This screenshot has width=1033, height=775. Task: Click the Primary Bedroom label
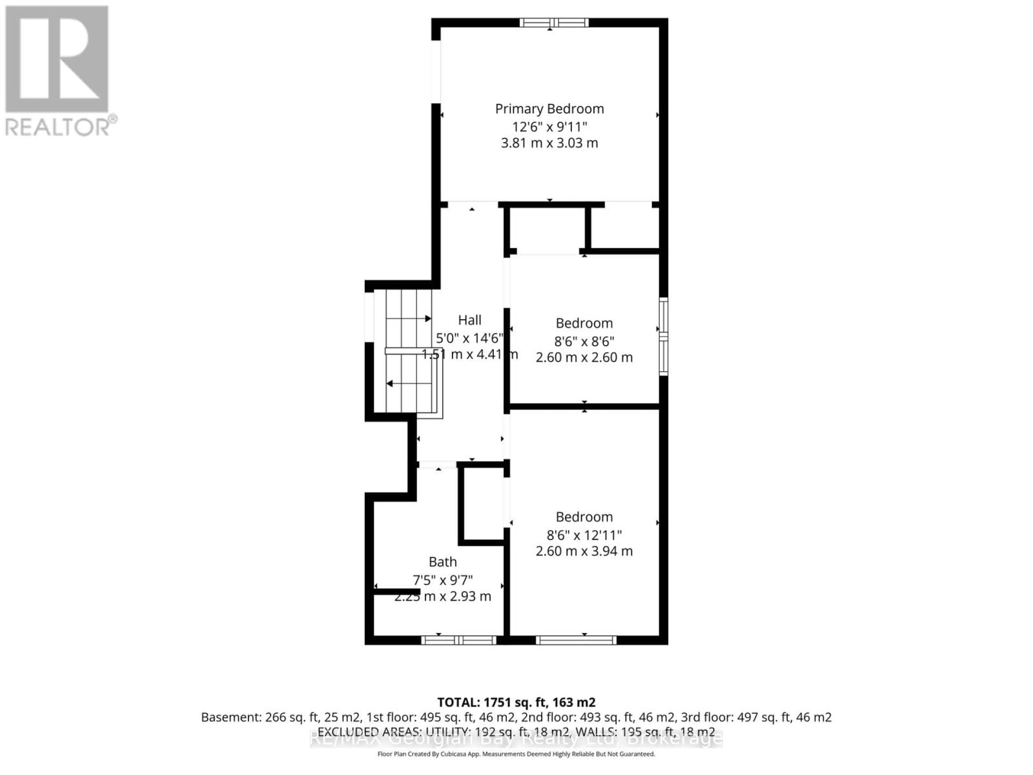[549, 108]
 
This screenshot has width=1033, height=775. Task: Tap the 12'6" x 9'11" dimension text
[549, 126]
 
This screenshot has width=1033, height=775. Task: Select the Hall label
[469, 320]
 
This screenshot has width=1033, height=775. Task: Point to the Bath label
[442, 562]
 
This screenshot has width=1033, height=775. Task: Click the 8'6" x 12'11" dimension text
[584, 535]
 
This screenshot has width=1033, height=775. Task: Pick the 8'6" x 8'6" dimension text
[584, 341]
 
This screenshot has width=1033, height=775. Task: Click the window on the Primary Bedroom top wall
[554, 23]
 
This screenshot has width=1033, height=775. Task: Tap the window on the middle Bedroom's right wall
[663, 336]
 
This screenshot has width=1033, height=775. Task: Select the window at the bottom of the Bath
[458, 640]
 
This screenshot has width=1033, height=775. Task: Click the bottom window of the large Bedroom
[576, 640]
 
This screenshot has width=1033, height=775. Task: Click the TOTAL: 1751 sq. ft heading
[516, 702]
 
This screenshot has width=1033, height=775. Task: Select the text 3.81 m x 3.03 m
[549, 143]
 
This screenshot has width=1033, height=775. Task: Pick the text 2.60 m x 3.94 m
[584, 551]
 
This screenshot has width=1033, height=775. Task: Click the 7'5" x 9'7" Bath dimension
[442, 580]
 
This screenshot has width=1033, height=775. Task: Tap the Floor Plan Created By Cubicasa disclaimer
[516, 754]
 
